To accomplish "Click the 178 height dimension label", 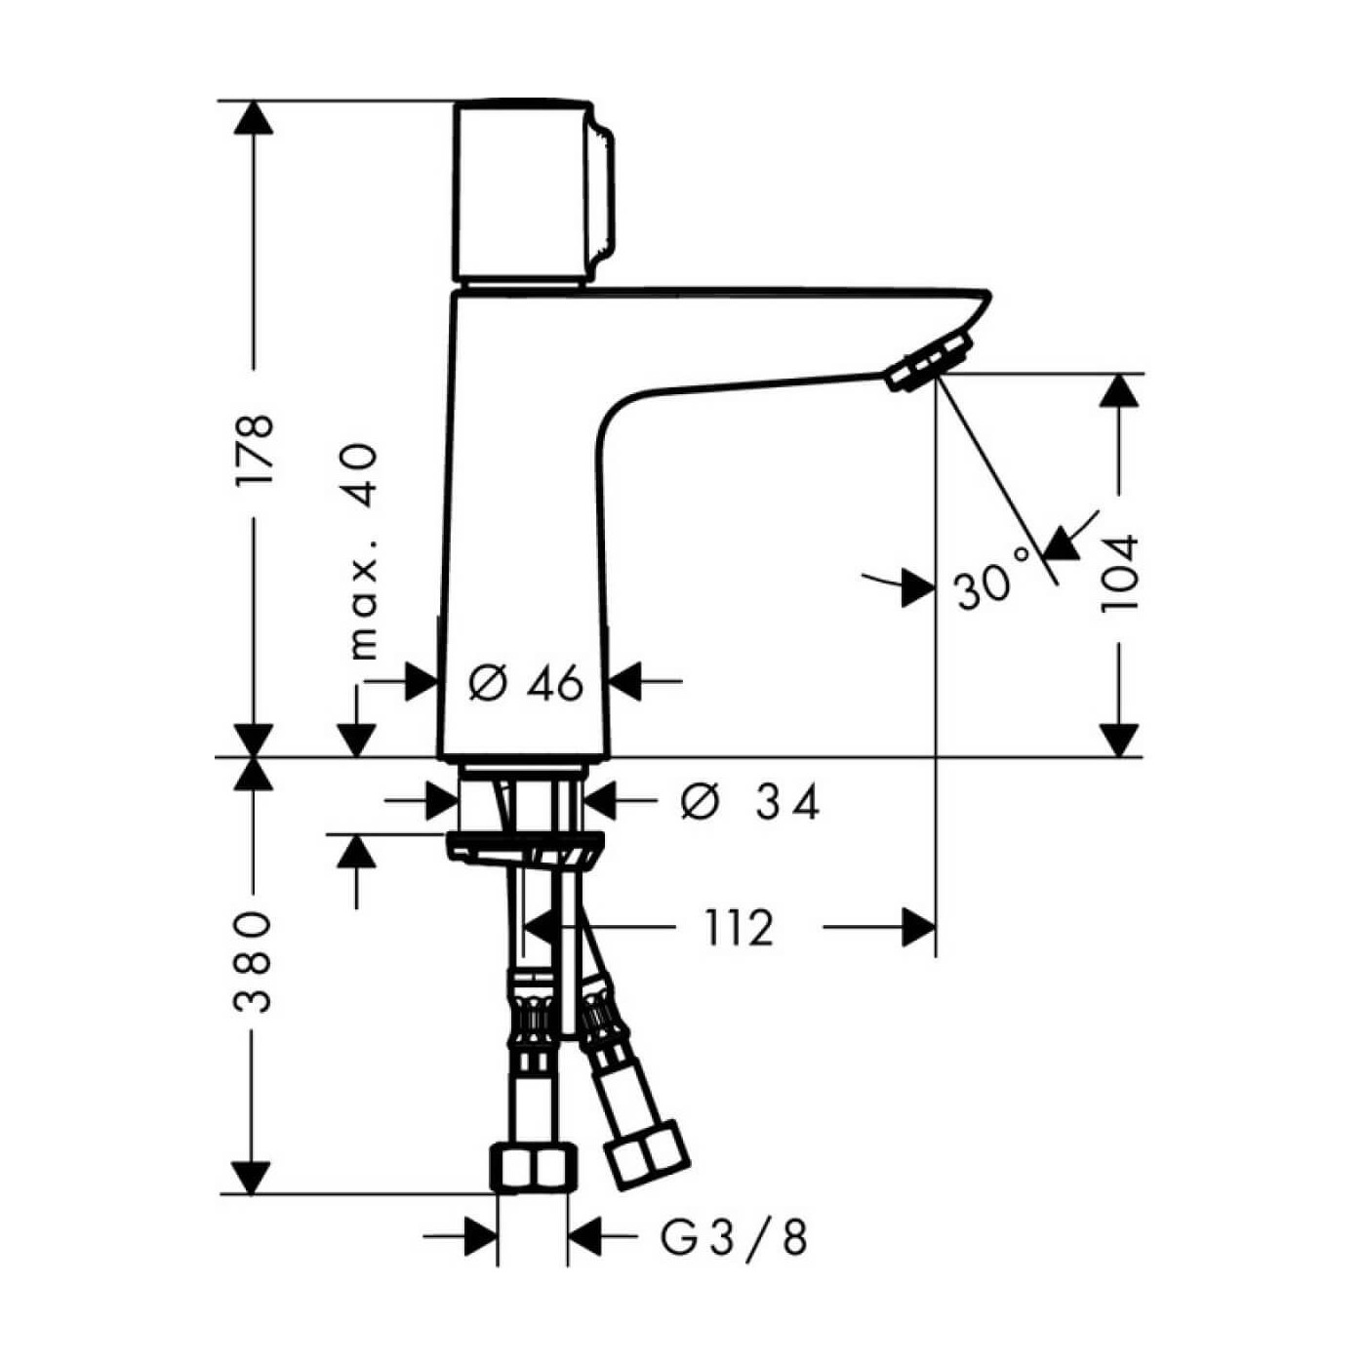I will click(256, 451).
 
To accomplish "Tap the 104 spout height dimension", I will click(1118, 572).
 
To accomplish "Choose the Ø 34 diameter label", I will click(749, 802).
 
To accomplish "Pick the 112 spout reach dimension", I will click(739, 928).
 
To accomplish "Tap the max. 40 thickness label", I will click(363, 551).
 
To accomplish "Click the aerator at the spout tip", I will click(929, 363).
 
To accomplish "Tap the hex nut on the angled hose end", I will click(647, 1155).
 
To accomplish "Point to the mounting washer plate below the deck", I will click(525, 847).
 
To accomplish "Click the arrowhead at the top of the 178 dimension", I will click(256, 117).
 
